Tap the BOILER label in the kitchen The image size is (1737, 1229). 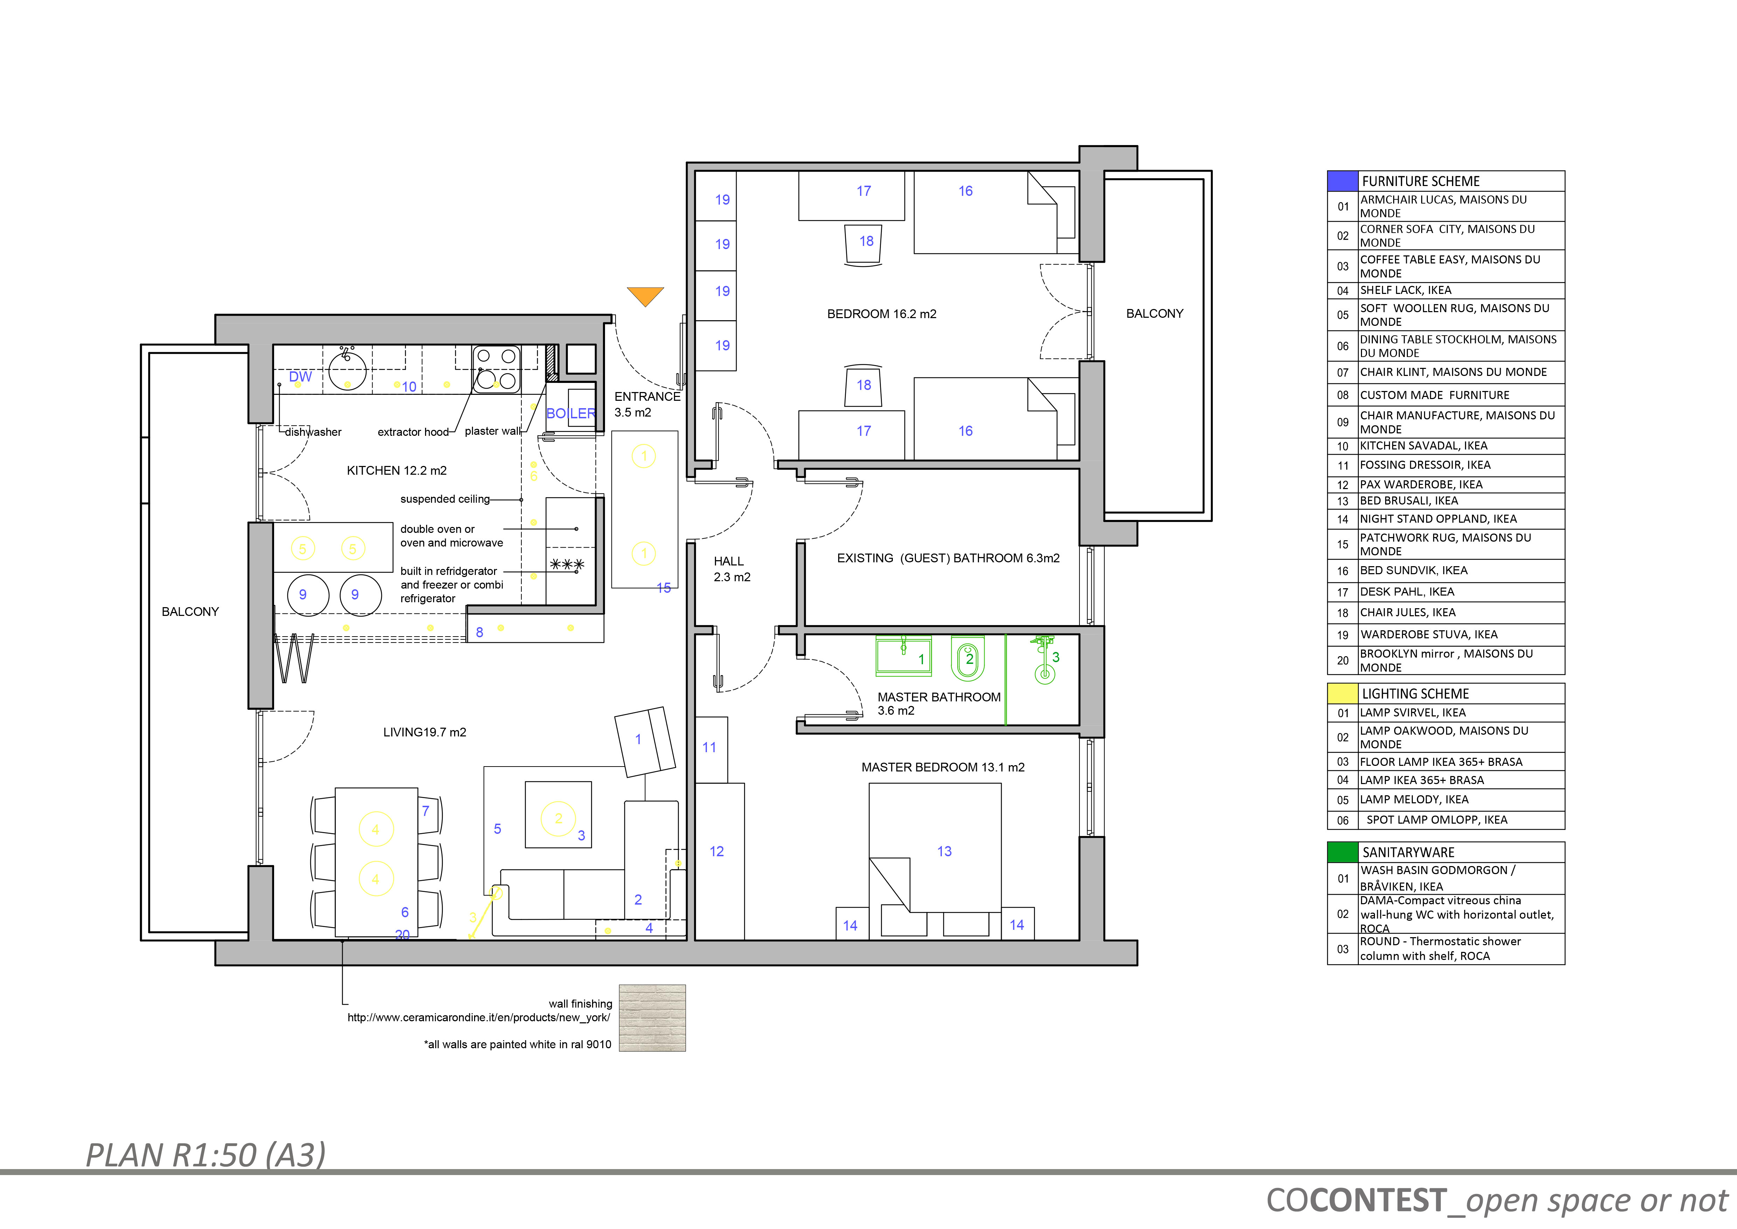coord(571,413)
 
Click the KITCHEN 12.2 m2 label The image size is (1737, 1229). coord(396,471)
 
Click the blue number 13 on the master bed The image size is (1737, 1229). coord(944,851)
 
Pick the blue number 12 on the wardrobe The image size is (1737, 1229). coord(716,851)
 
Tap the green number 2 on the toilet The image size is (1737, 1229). coord(969,659)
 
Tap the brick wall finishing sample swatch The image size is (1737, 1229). coord(652,1018)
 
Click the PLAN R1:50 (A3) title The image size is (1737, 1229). coord(206,1155)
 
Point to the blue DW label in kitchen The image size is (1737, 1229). coord(300,377)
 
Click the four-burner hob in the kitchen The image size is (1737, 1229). coord(496,369)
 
